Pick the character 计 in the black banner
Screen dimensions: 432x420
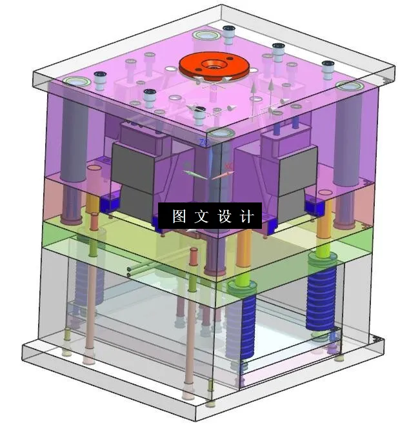(x=246, y=217)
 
